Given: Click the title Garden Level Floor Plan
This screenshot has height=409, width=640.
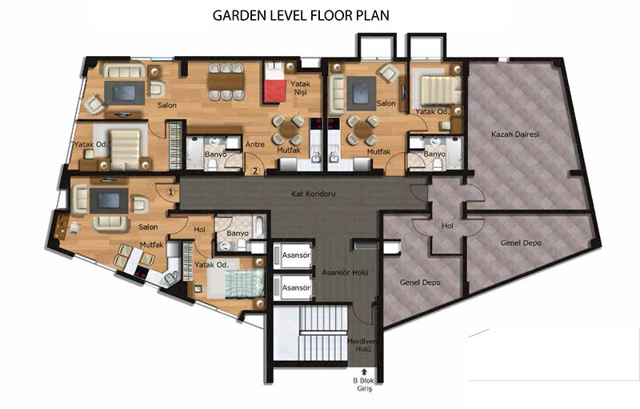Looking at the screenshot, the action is point(301,15).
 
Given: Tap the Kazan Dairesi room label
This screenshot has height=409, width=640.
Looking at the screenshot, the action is point(515,134).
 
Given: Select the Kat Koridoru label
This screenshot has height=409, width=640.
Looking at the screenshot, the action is point(314,194).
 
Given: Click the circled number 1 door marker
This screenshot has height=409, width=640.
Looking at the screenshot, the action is point(171,191).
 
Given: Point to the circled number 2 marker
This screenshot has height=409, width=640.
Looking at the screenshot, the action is point(256,170).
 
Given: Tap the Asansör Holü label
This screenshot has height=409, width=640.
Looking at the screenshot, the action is point(345,272).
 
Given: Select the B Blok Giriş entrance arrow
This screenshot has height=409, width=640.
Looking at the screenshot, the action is point(364,371).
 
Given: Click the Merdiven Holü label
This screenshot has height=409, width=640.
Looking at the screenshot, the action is point(363,345).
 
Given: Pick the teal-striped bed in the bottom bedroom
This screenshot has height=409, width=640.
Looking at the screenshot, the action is point(244,284).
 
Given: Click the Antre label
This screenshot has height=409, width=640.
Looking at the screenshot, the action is point(255,144).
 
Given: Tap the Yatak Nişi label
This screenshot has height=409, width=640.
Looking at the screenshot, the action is point(301,88).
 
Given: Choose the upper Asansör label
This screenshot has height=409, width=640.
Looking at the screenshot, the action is point(296,255).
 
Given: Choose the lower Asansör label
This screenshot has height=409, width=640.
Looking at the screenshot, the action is point(296,288).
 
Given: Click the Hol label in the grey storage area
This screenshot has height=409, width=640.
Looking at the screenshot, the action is point(447,226).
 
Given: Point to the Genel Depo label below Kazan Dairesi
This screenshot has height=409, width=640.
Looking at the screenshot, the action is point(521,243).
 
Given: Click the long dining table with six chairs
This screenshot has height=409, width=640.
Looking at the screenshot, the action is point(226,82).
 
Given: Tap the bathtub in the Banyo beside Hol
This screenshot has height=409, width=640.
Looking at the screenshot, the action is point(259,227).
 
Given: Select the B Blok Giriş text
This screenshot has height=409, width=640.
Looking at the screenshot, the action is point(364,384).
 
